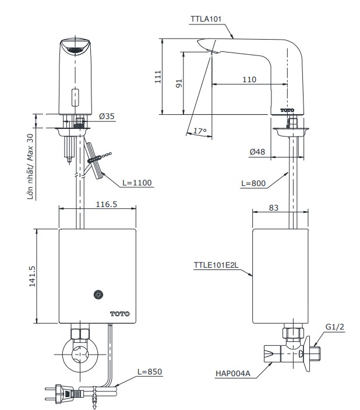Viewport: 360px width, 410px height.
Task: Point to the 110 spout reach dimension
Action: click(249, 79)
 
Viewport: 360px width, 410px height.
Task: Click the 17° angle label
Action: click(200, 132)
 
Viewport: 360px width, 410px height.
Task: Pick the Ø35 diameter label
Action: click(107, 116)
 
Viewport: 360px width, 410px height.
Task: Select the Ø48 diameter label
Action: click(257, 152)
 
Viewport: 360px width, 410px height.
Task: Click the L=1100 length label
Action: click(137, 183)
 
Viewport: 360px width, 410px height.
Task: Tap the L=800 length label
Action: click(253, 183)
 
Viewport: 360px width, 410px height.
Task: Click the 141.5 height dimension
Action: click(32, 276)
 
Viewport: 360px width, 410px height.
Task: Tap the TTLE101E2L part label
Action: click(216, 265)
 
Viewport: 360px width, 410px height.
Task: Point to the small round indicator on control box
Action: click(98, 296)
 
